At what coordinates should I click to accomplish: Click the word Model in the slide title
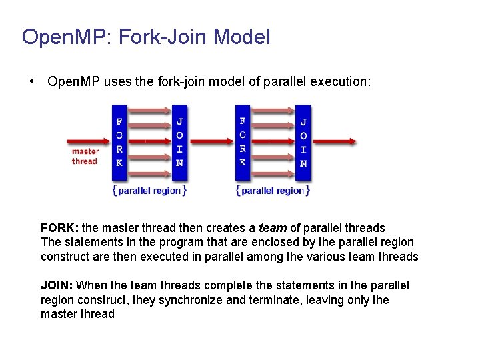[x=242, y=37]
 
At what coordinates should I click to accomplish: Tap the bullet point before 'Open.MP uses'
[x=32, y=82]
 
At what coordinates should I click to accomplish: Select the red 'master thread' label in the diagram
[x=85, y=156]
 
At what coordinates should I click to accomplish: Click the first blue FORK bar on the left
[x=119, y=142]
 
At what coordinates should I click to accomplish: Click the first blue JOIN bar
[x=179, y=142]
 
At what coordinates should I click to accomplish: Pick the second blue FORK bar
[x=243, y=142]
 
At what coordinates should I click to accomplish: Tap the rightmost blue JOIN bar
[x=303, y=142]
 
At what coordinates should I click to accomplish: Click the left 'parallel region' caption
[x=149, y=191]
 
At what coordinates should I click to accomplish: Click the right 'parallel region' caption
[x=273, y=191]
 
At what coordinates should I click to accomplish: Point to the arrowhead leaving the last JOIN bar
[x=351, y=141]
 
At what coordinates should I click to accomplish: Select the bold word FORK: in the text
[x=59, y=228]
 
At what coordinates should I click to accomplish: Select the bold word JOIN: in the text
[x=57, y=285]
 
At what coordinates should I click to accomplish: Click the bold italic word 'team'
[x=272, y=228]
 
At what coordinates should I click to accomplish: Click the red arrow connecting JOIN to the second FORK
[x=211, y=141]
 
